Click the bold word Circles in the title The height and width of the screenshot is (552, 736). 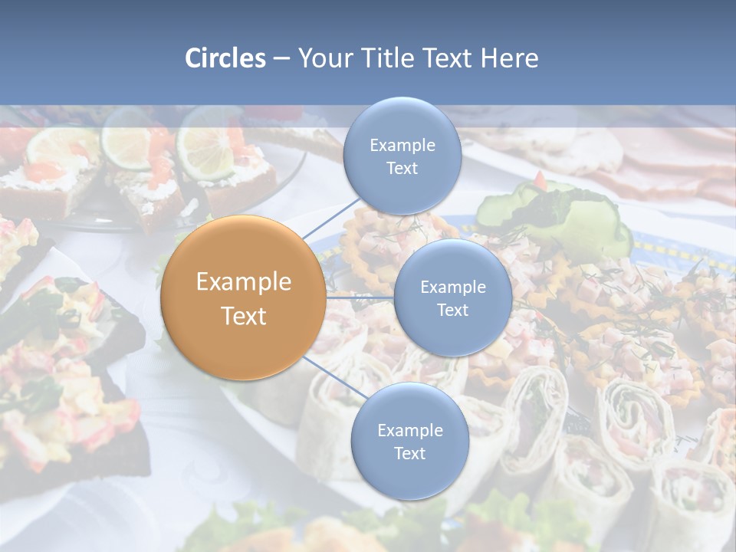point(225,58)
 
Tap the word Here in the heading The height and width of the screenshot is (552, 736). point(509,58)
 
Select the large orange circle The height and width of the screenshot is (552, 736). point(244,297)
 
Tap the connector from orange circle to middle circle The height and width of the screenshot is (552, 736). point(360,297)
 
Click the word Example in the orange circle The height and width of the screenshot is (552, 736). point(244,282)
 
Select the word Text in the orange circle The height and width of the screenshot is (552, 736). point(244,316)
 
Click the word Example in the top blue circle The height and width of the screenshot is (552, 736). point(402,146)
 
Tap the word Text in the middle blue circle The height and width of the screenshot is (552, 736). point(452,310)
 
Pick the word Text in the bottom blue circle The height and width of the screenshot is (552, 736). point(409,453)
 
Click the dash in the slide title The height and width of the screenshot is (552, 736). point(281,59)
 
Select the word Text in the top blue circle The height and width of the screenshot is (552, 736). point(402,168)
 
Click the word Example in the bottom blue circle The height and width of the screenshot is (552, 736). point(410,430)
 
